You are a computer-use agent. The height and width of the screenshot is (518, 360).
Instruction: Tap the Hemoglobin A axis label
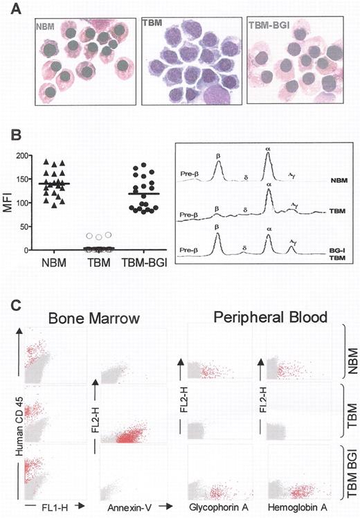tap(294, 507)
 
